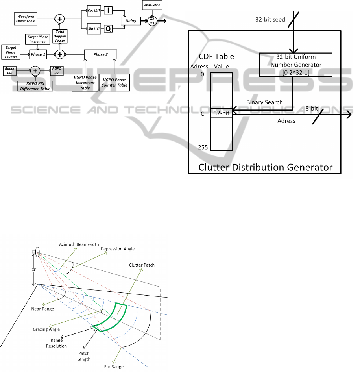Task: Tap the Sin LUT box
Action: pyautogui.click(x=93, y=28)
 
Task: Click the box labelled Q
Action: pyautogui.click(x=108, y=28)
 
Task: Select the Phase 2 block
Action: pyautogui.click(x=101, y=54)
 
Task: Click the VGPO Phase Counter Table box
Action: pyautogui.click(x=114, y=82)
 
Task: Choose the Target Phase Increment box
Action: pyautogui.click(x=38, y=39)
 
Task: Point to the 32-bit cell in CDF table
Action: pyautogui.click(x=222, y=113)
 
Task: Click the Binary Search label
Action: pyautogui.click(x=264, y=102)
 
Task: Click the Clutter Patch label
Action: pyautogui.click(x=142, y=265)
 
